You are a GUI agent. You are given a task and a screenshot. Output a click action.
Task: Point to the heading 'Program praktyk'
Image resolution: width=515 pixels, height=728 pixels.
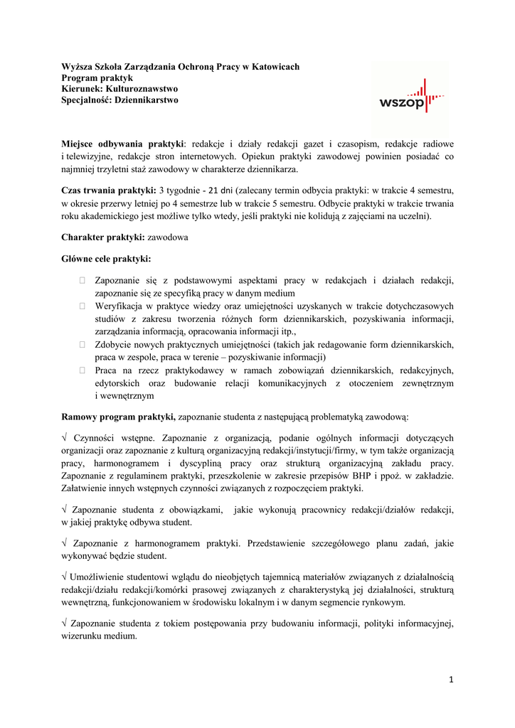[97, 78]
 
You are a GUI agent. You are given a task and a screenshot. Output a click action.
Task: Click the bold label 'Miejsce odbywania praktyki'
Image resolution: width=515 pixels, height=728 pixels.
[122, 144]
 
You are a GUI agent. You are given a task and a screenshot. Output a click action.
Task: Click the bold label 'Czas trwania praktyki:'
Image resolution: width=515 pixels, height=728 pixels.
[109, 191]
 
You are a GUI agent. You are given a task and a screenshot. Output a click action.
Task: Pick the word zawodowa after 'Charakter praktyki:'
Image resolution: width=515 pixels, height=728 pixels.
[168, 237]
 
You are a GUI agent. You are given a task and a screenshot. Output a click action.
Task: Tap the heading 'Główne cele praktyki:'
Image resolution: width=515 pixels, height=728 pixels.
[107, 259]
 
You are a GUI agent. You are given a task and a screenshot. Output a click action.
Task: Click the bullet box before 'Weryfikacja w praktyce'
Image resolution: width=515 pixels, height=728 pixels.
[83, 306]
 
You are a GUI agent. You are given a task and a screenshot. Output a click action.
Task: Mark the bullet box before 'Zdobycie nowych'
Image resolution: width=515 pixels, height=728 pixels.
[83, 345]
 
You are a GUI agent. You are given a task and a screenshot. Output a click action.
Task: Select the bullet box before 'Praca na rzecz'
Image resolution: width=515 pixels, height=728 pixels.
[83, 371]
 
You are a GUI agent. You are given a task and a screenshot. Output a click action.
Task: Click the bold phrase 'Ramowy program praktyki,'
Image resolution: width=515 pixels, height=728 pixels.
[118, 416]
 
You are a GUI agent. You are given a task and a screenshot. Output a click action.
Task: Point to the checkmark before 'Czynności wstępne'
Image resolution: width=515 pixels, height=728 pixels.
[65, 438]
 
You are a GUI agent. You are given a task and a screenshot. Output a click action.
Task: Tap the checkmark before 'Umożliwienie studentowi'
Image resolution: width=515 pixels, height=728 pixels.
[65, 577]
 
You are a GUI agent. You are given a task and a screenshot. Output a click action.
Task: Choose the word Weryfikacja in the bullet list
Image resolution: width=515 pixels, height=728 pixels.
[121, 306]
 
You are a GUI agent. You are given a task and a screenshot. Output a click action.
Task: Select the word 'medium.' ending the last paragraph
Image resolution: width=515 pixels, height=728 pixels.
[119, 636]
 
